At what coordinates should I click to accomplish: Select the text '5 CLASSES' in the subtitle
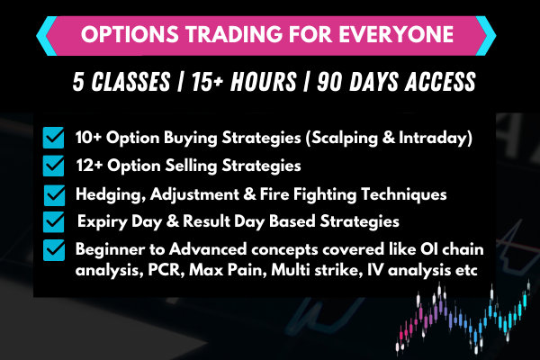coord(121,84)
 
